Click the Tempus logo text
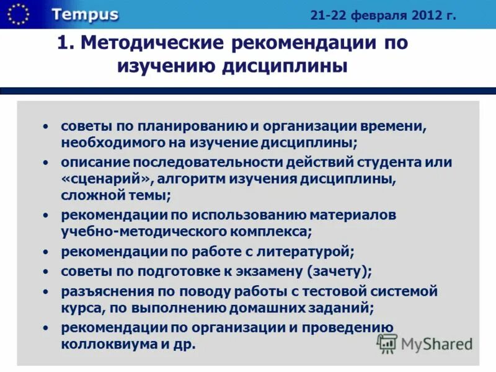(85, 15)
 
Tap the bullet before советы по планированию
(45, 126)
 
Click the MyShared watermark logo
(425, 343)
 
